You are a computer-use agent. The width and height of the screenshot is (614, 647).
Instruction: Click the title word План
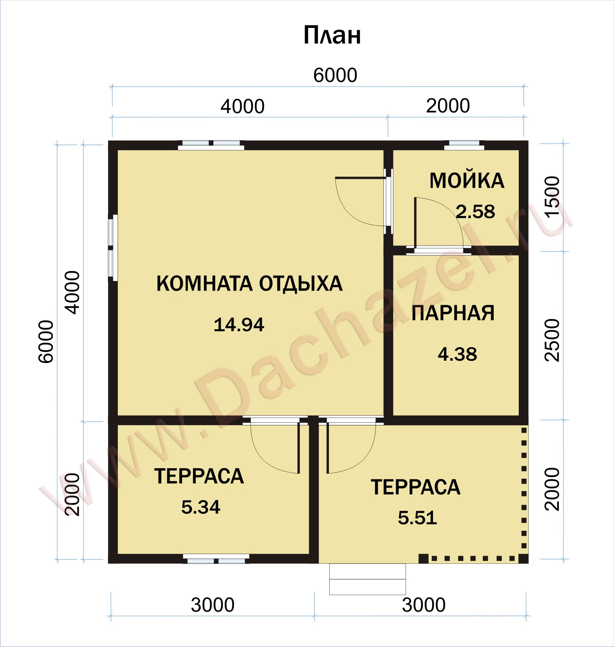pos(332,36)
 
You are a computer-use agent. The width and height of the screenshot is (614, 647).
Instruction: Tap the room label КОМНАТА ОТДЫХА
pos(249,284)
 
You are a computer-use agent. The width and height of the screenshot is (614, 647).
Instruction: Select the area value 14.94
pos(239,325)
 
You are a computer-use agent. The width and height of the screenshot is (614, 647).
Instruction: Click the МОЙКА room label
pos(467,181)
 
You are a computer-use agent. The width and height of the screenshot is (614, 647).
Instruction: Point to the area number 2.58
pos(476,212)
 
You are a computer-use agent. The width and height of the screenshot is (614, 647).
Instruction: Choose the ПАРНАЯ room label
pos(453,313)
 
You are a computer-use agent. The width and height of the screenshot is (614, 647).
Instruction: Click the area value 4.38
pos(457,354)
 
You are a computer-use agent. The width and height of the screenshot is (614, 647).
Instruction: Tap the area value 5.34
pos(201,507)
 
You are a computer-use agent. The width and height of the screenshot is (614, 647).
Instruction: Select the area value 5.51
pos(417,518)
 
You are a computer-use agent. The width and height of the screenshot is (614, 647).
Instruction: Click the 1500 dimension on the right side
pos(552,197)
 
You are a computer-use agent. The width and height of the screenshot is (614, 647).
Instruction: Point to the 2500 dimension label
pos(552,340)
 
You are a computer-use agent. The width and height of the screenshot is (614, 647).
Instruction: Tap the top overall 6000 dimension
pos(335,75)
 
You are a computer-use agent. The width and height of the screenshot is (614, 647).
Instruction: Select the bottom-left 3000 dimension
pos(213,605)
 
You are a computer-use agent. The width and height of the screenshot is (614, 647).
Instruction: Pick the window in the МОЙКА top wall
pos(464,145)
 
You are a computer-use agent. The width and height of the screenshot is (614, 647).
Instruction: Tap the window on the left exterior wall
pos(113,248)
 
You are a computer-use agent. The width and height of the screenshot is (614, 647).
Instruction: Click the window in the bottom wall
pos(216,559)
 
